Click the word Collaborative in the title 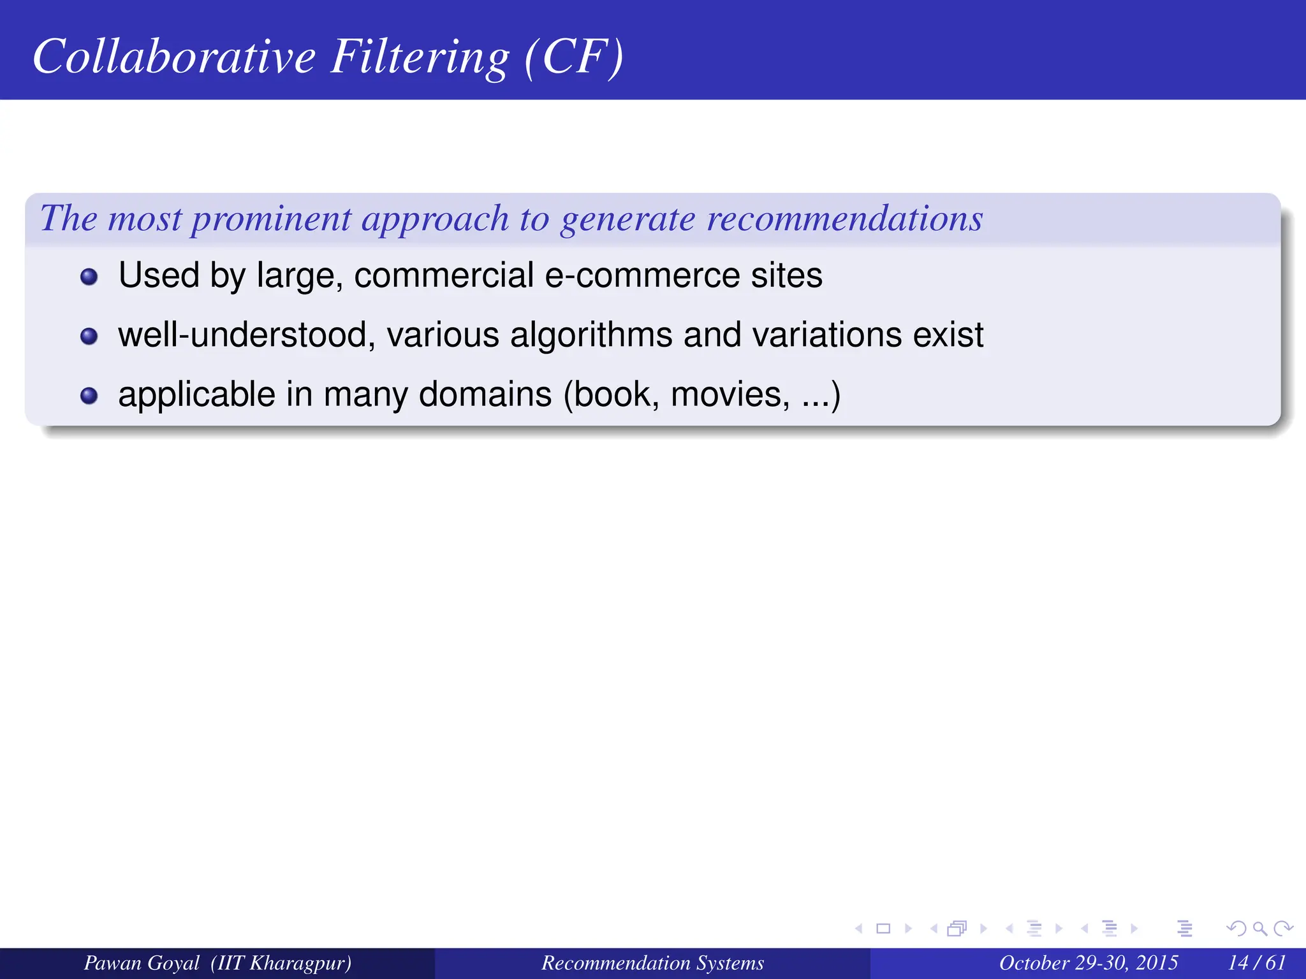[174, 56]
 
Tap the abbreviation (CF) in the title [574, 57]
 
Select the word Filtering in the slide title [420, 57]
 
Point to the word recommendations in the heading [845, 219]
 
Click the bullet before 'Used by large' [89, 277]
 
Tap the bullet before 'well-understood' [89, 336]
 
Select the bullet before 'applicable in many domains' [89, 396]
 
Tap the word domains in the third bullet [485, 395]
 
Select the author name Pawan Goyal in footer [142, 962]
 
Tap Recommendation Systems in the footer [652, 962]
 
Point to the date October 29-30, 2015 [1088, 962]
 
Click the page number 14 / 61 [1257, 962]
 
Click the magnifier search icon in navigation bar [1259, 929]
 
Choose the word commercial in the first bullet [444, 275]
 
